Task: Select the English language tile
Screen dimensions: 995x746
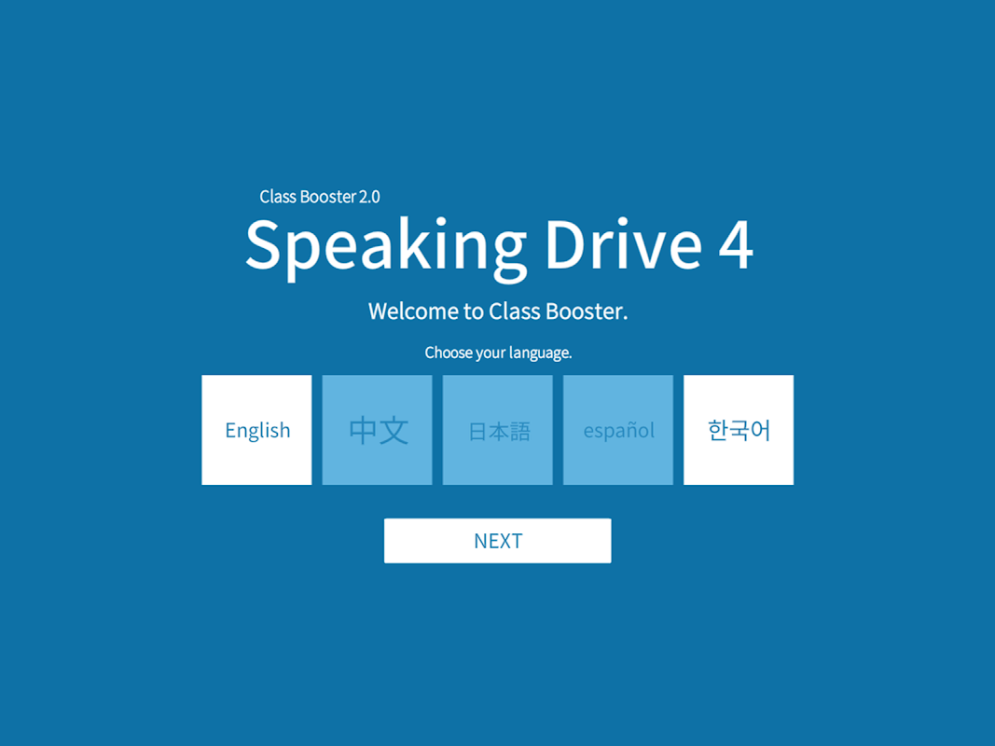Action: coord(256,430)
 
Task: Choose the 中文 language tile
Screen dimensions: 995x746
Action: coord(377,430)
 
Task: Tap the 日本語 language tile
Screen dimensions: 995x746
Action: coord(498,430)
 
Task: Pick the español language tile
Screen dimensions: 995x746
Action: coord(618,430)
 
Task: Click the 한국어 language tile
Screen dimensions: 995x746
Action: coord(739,430)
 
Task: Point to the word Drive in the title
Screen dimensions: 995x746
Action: coord(624,243)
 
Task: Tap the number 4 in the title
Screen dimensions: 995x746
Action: coord(736,245)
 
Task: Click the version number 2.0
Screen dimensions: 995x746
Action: coord(369,197)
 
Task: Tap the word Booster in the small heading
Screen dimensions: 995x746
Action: coord(328,197)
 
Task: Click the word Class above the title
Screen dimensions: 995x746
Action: coord(278,197)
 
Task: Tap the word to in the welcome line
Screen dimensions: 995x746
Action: coord(474,311)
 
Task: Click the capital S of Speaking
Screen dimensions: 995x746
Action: coord(263,243)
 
